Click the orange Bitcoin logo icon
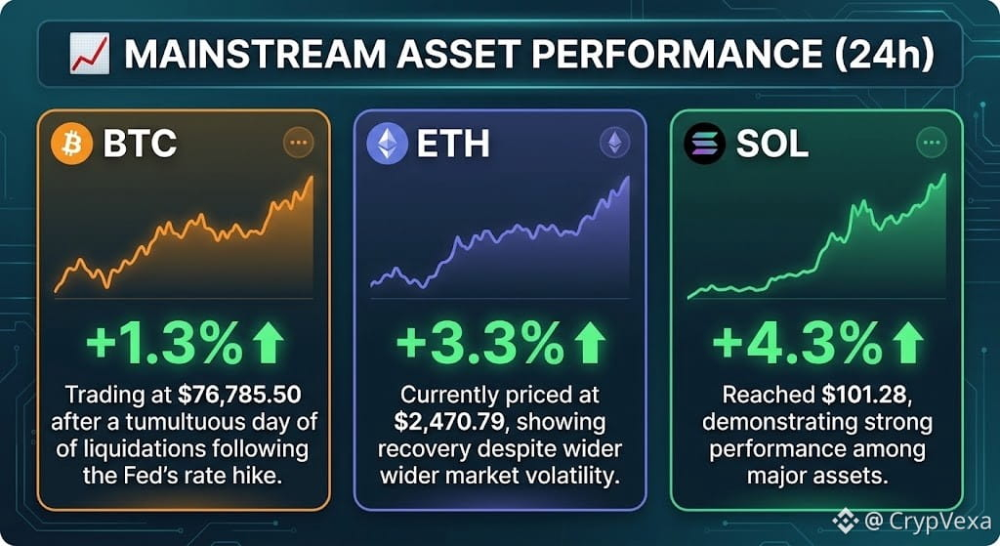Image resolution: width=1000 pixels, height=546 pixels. [72, 144]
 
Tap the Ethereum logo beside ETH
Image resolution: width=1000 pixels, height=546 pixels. [387, 143]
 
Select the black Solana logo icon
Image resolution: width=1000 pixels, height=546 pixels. [705, 144]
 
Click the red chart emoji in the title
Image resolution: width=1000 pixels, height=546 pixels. [90, 55]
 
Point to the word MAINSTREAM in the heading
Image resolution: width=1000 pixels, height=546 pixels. [255, 55]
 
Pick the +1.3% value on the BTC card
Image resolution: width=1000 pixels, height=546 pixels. [164, 344]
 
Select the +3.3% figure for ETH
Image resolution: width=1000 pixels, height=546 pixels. [479, 344]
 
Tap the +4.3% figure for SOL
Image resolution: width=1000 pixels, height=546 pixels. [797, 344]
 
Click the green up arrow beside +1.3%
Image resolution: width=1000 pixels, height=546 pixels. [268, 343]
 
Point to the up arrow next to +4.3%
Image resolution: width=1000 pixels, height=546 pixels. [908, 343]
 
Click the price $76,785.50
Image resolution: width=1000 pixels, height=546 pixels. [239, 395]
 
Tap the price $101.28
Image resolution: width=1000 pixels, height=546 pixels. [866, 395]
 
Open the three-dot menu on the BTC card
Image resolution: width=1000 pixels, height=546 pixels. [299, 143]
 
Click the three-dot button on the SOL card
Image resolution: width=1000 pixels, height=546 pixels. [932, 143]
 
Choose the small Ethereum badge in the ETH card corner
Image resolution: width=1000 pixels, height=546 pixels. [615, 143]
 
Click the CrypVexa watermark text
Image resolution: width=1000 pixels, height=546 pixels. [937, 522]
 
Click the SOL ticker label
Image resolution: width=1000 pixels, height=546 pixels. [771, 144]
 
